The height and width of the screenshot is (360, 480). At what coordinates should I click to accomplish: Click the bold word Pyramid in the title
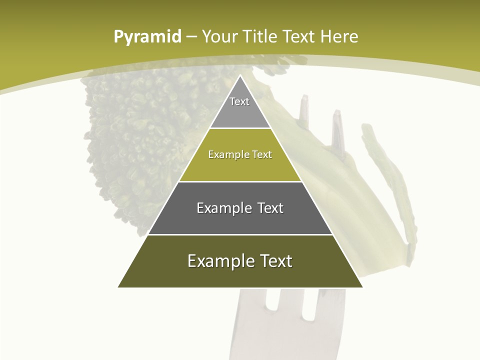pos(147,36)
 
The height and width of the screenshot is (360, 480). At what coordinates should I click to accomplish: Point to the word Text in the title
pos(300,36)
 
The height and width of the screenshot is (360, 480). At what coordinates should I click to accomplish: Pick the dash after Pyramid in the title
pos(191,37)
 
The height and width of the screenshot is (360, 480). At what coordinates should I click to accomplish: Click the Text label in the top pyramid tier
pos(239,101)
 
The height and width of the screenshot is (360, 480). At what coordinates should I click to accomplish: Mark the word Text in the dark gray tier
pos(270,208)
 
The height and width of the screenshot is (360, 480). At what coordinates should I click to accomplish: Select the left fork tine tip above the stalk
pos(304,100)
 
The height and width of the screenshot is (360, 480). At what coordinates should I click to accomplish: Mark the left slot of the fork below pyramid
pos(273,305)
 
